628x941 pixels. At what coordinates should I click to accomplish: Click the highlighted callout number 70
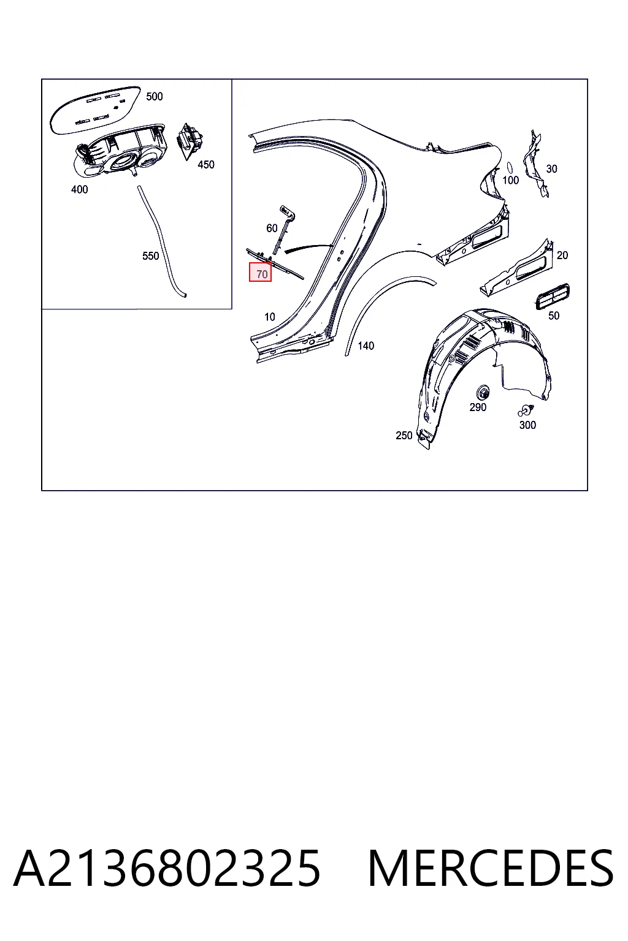point(262,274)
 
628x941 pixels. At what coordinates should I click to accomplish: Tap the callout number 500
point(155,97)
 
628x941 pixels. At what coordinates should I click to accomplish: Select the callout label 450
point(206,165)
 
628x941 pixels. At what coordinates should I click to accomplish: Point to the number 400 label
point(80,190)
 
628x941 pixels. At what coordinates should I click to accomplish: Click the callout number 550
point(151,256)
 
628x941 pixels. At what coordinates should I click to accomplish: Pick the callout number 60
point(272,228)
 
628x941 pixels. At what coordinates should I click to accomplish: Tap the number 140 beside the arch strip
point(366,346)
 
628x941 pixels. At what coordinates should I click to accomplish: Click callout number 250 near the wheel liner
point(404,436)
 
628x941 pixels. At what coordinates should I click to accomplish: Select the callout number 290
point(478,407)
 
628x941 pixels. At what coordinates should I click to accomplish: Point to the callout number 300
point(527,425)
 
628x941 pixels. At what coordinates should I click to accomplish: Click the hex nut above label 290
point(483,393)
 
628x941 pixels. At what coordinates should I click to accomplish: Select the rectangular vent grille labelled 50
point(553,297)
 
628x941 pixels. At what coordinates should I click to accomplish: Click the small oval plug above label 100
point(510,168)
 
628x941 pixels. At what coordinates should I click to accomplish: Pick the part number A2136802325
point(167,869)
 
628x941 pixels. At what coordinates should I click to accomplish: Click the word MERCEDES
point(491,869)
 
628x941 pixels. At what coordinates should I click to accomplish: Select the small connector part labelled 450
point(190,141)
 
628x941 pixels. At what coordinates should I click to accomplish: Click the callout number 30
point(551,169)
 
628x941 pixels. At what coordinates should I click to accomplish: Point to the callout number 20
point(562,255)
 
